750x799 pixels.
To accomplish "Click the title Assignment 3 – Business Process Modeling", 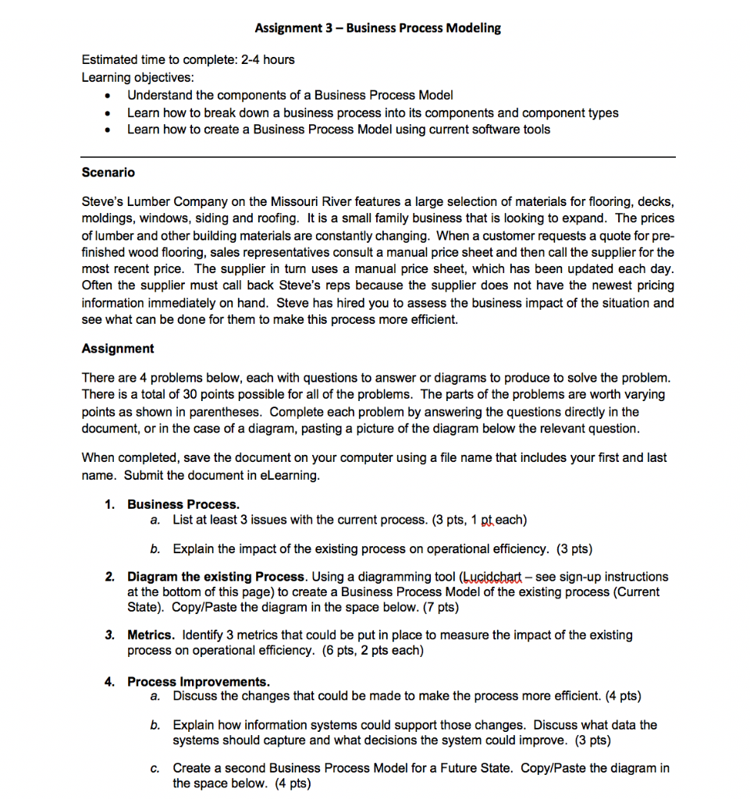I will point(378,28).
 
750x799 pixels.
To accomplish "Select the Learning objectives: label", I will point(139,77).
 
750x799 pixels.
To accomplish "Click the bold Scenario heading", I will point(108,172).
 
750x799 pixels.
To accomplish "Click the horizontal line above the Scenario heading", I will point(378,157).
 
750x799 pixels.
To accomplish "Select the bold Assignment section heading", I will point(118,348).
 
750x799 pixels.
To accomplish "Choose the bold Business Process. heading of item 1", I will point(183,504).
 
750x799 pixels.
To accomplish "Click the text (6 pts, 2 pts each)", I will point(371,650).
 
